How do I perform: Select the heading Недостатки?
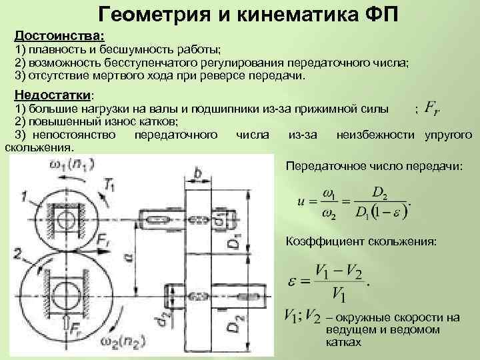click(x=54, y=94)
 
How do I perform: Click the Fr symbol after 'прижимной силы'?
click(x=436, y=107)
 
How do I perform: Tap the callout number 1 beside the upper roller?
click(x=25, y=195)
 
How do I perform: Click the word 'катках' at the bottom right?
click(x=344, y=342)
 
